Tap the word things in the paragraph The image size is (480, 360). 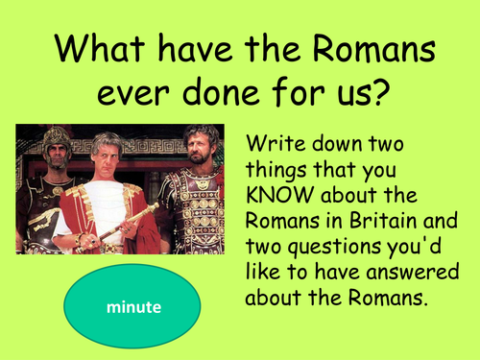[280, 174]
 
